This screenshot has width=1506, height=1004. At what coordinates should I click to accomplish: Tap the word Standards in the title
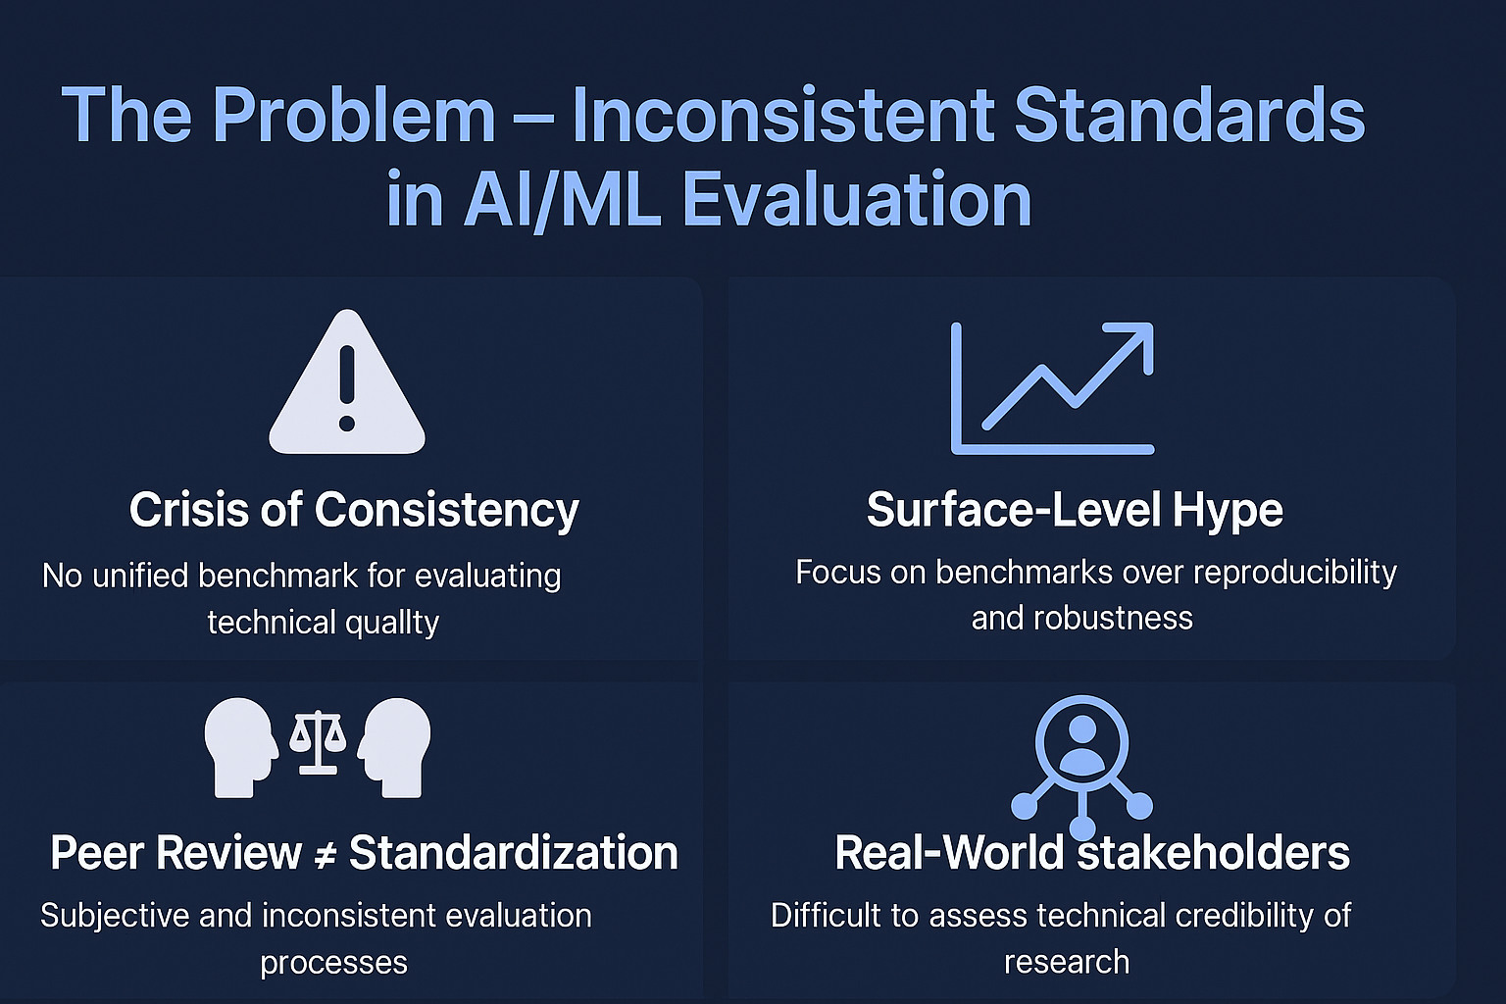pyautogui.click(x=1189, y=114)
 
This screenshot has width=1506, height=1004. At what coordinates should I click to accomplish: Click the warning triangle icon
pyautogui.click(x=347, y=382)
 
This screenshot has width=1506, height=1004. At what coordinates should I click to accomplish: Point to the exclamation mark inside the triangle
pyautogui.click(x=347, y=388)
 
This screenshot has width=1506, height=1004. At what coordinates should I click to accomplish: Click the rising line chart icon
pyautogui.click(x=1053, y=388)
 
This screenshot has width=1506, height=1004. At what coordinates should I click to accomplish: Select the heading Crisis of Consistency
pyautogui.click(x=354, y=510)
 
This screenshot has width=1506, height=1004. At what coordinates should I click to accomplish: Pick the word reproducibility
pyautogui.click(x=1295, y=573)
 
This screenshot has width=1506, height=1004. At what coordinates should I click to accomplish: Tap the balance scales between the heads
pyautogui.click(x=318, y=742)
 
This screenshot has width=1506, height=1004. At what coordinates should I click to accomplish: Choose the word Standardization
pyautogui.click(x=514, y=853)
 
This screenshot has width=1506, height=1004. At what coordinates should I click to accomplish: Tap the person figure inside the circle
pyautogui.click(x=1081, y=745)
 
